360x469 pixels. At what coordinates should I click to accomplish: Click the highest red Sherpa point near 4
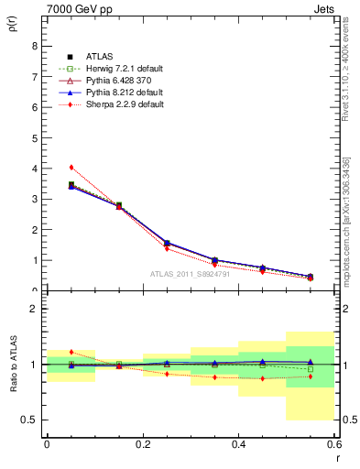click(71, 167)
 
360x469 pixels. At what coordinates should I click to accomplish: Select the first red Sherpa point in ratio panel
click(71, 352)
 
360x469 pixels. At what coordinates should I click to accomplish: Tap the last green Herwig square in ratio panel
click(310, 369)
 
